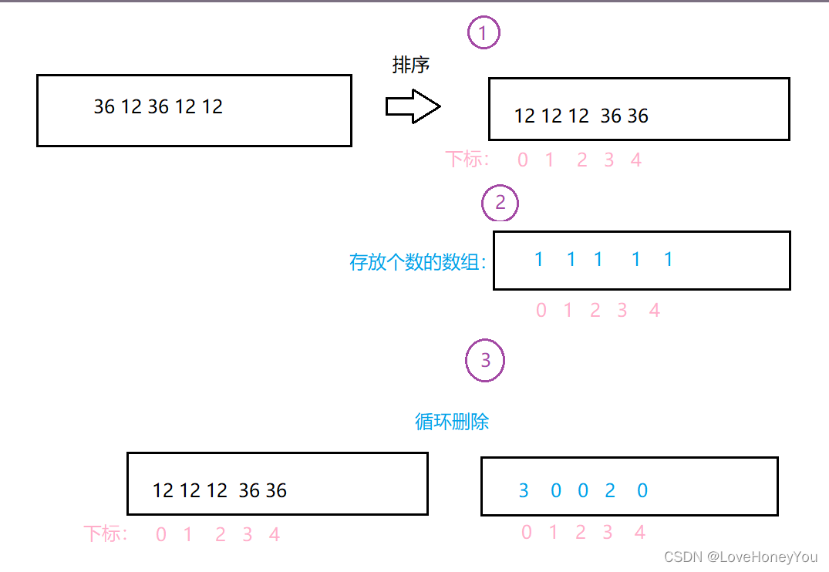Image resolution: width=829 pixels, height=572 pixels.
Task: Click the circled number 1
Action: [484, 32]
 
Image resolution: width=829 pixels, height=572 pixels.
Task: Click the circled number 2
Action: [500, 203]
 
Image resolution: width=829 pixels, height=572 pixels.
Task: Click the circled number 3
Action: [485, 360]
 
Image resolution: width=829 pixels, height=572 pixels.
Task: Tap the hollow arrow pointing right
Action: [413, 106]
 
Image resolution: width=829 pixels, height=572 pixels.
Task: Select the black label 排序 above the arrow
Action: [410, 66]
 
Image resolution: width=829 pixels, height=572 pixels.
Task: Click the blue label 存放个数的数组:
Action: [418, 262]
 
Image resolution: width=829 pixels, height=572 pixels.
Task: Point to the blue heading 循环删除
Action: [452, 422]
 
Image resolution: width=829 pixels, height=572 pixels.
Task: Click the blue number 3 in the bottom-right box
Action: [524, 490]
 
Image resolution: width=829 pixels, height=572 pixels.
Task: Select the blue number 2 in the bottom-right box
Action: [609, 490]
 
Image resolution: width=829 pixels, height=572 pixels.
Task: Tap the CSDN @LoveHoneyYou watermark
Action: [740, 557]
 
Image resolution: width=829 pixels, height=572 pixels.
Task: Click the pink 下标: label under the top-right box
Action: [467, 160]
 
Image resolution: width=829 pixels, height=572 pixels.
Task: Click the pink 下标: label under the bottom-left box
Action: [106, 533]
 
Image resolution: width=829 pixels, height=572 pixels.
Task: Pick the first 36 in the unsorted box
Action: [104, 106]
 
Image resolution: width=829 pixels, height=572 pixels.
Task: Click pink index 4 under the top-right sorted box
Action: [636, 160]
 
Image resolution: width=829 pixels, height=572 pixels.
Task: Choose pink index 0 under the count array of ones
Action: [541, 311]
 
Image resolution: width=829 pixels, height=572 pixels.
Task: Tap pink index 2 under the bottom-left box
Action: [221, 534]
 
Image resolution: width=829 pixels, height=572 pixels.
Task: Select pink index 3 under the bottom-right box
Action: [608, 532]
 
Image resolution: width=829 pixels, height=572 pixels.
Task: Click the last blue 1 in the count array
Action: [668, 260]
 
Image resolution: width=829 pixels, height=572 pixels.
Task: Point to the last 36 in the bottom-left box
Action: [276, 490]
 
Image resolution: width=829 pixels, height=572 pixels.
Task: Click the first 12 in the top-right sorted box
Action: [524, 116]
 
